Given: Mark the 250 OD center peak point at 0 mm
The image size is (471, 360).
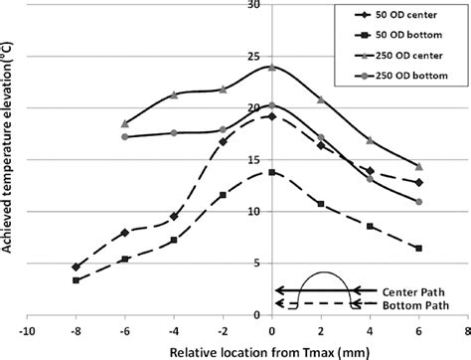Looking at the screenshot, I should (271, 68).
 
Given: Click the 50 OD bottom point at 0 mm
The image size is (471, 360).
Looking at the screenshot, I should (271, 172).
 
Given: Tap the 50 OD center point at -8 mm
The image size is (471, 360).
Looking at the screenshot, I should (76, 267).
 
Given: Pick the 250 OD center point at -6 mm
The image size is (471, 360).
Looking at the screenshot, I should (124, 124).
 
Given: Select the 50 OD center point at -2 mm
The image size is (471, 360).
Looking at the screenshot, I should (223, 142).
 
